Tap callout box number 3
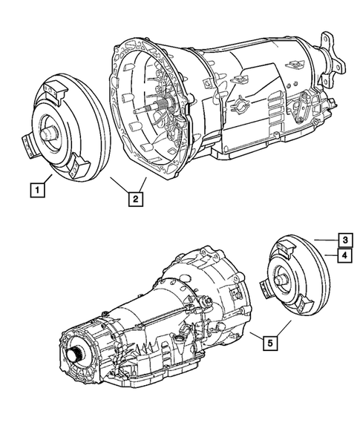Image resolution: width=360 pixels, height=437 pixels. pyautogui.click(x=345, y=239)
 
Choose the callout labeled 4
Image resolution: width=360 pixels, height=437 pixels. pyautogui.click(x=345, y=256)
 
